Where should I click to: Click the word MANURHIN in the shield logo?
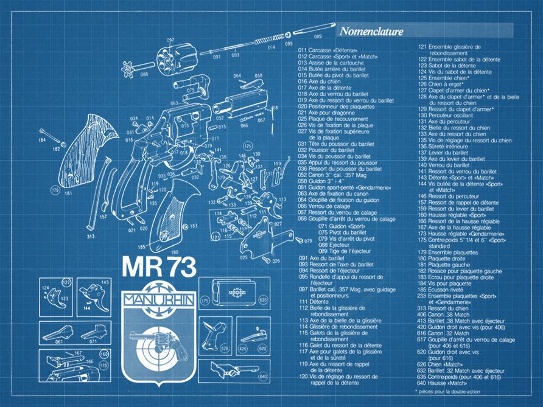(159, 299)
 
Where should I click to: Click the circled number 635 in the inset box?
(263, 301)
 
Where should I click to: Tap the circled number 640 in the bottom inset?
(263, 376)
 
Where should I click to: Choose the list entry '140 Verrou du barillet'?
(451, 165)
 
